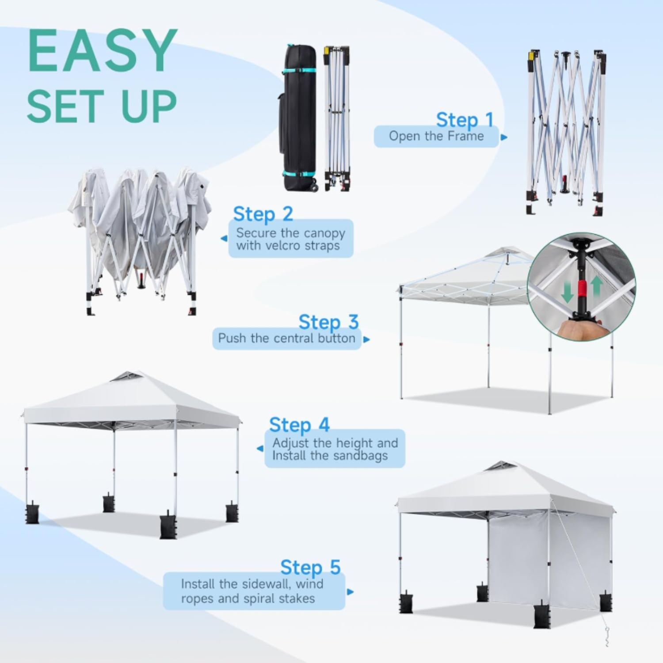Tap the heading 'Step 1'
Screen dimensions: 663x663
click(465, 120)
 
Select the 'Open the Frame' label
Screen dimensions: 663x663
click(436, 136)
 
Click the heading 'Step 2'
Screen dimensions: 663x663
click(263, 214)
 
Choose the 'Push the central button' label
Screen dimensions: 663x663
click(286, 339)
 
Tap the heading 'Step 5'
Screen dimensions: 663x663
click(310, 567)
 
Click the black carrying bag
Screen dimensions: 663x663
click(299, 118)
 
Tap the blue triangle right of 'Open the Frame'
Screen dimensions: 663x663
click(504, 137)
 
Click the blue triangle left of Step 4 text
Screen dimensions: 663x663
click(260, 449)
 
